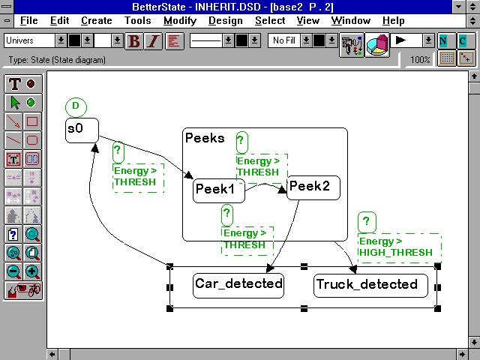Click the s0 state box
[x=81, y=130]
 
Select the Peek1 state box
[x=214, y=190]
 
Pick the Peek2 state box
[x=313, y=187]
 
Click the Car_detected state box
[x=238, y=285]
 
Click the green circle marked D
[x=76, y=106]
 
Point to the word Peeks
[x=204, y=139]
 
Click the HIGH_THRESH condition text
[x=396, y=253]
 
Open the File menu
[x=28, y=21]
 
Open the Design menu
[x=226, y=21]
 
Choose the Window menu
[x=350, y=21]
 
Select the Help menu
[x=393, y=21]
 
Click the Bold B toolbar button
[x=134, y=40]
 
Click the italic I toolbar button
[x=153, y=40]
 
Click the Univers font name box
[x=29, y=40]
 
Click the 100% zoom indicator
[x=421, y=59]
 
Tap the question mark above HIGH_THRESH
[x=366, y=222]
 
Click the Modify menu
[x=179, y=21]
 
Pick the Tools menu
[x=137, y=21]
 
